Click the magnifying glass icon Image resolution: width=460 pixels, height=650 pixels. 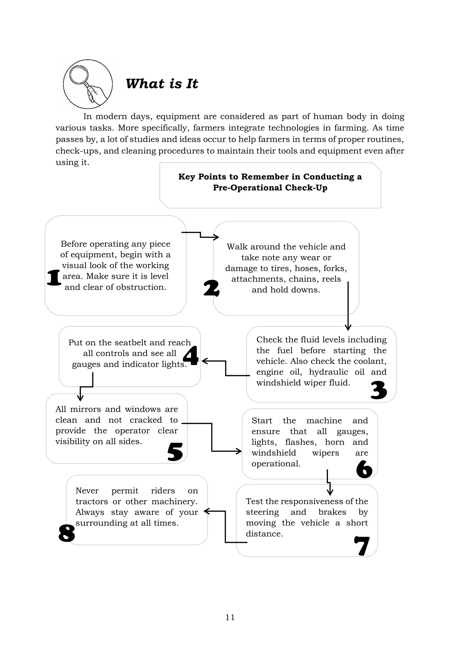coord(88,84)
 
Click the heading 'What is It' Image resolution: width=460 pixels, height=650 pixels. coord(162,84)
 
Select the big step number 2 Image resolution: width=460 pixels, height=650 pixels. coord(211,288)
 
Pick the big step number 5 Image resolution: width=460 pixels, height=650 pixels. coord(175,452)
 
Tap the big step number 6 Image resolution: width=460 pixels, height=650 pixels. coord(364,469)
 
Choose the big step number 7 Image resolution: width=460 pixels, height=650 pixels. coord(362,546)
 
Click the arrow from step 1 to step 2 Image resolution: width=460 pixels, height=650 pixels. coord(200,235)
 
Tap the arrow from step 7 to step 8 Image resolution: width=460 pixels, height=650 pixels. coord(226,526)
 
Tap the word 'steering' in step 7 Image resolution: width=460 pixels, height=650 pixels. coord(262,512)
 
